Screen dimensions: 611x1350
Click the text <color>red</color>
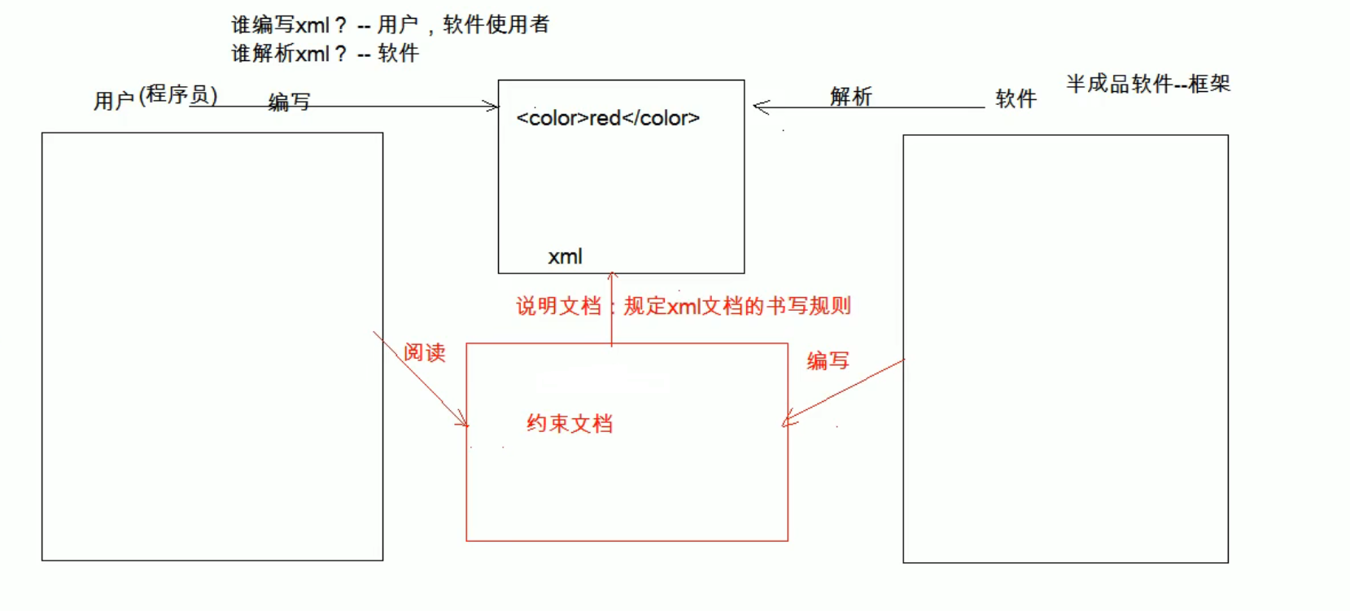[608, 118]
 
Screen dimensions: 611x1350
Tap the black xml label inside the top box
[565, 257]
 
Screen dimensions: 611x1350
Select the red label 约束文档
[570, 424]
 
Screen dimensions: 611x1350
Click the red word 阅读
[425, 352]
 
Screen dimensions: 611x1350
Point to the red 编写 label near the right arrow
[828, 360]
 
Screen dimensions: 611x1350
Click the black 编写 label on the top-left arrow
[290, 103]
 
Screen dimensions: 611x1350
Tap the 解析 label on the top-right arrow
[851, 97]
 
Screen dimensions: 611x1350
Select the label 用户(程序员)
[155, 98]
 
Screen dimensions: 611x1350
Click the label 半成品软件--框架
[1148, 84]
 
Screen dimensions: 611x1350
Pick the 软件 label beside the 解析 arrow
[1016, 99]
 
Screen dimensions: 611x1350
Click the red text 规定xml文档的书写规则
[737, 306]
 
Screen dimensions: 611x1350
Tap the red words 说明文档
[558, 306]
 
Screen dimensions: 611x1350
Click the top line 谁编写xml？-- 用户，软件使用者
[390, 25]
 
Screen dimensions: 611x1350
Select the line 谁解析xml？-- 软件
[325, 54]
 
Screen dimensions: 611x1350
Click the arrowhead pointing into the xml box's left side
[491, 106]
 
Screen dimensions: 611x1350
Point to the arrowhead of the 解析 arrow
[761, 107]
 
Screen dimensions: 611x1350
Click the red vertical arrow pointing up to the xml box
[612, 309]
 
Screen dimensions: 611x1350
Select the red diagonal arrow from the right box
[843, 391]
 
